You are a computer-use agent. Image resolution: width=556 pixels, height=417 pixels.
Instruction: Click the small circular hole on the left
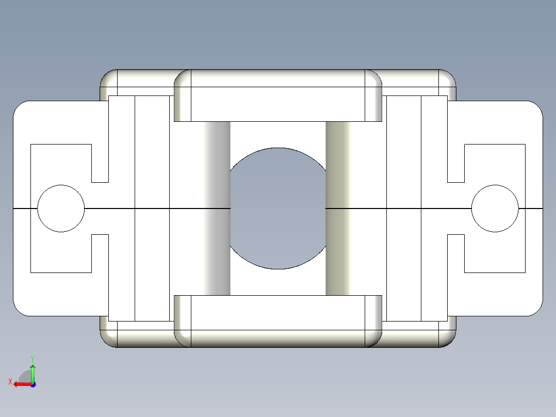(x=61, y=208)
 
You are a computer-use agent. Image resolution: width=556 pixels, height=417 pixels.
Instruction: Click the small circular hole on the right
(x=495, y=208)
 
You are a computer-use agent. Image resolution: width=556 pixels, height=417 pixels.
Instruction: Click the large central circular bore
(x=277, y=208)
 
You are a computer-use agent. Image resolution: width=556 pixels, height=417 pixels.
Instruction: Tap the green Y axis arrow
(x=32, y=371)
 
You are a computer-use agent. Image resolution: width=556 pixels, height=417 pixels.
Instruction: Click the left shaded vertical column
(x=217, y=208)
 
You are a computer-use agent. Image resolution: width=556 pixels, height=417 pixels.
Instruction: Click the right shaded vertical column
(x=338, y=208)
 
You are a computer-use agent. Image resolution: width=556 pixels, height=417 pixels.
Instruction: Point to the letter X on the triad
(x=10, y=381)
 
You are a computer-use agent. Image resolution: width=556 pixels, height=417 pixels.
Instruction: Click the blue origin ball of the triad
(x=32, y=384)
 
